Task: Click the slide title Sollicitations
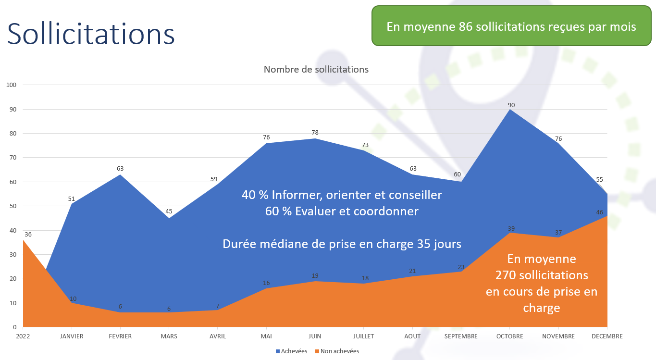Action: click(x=91, y=34)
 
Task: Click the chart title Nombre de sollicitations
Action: click(x=316, y=69)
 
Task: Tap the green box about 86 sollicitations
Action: click(x=511, y=26)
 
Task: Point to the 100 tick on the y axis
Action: click(x=11, y=85)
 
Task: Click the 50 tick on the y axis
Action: click(x=12, y=206)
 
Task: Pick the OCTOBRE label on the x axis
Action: click(x=509, y=336)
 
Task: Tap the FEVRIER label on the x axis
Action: click(x=120, y=336)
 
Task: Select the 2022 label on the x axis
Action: click(x=23, y=336)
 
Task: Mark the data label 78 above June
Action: click(x=315, y=132)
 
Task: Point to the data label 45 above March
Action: click(x=169, y=211)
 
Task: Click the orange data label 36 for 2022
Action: click(x=28, y=235)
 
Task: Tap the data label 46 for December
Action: click(x=599, y=212)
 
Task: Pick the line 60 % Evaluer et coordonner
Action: click(x=342, y=211)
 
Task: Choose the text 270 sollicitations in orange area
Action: click(x=542, y=275)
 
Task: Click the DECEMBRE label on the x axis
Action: click(x=607, y=336)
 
